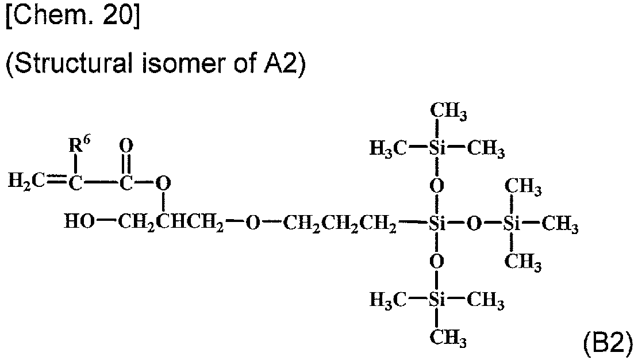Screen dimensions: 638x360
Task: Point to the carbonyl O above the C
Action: (x=128, y=144)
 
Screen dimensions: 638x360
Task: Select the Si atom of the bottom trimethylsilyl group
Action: (x=437, y=299)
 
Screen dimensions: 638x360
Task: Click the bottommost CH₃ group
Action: (x=445, y=337)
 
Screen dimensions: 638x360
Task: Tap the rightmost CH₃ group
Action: (x=560, y=224)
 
